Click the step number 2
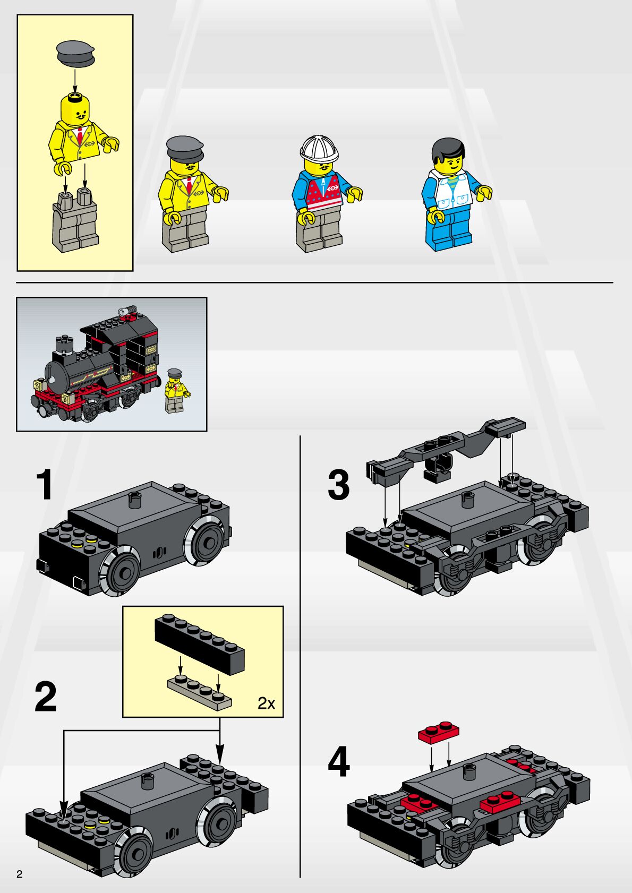pos(46,697)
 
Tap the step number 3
pos(338,485)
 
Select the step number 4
pos(338,762)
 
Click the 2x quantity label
pos(267,703)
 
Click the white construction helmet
pos(319,149)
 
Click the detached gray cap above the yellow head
pos(75,53)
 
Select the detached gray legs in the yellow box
pos(75,220)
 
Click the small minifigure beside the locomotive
pos(176,390)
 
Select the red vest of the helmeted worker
pos(324,192)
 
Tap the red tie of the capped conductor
pos(188,186)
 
